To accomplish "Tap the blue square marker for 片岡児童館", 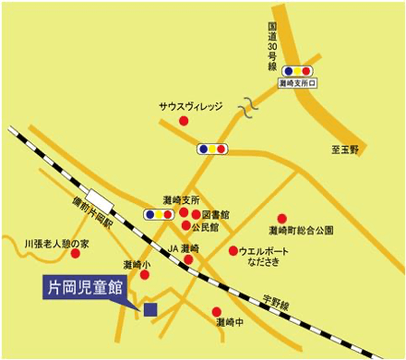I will pos(150,308).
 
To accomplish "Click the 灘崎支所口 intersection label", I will pos(297,83).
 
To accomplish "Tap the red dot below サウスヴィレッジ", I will pos(184,121).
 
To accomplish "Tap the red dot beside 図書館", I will pos(196,214).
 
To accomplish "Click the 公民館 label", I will pos(207,227).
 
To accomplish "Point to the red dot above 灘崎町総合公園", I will pos(282,219).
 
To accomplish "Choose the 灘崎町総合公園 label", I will pos(301,230).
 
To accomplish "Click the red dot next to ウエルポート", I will pos(233,250).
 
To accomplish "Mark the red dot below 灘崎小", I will pos(144,274).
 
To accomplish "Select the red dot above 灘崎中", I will pos(217,311).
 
